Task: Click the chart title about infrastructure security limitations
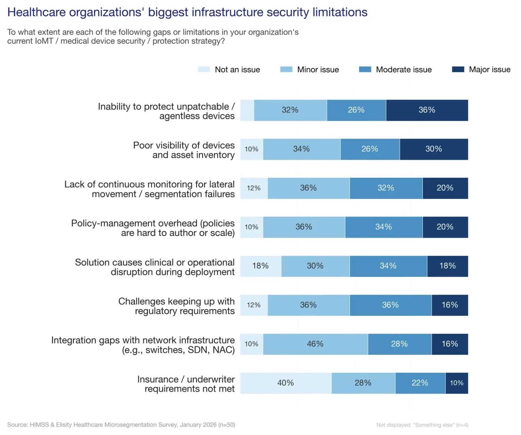coord(187,12)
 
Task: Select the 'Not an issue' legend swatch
coord(204,69)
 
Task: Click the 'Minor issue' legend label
coord(318,69)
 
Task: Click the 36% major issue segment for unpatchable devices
coord(427,110)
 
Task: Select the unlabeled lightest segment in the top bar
coord(247,110)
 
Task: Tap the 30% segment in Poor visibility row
coord(434,149)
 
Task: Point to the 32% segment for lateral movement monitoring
coord(386,188)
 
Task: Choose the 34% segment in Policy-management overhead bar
coord(383,227)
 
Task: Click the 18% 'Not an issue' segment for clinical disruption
coord(260,266)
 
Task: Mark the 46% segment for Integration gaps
coord(315,344)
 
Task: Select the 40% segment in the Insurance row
coord(286,383)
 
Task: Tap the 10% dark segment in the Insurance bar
coord(457,383)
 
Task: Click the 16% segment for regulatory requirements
coord(450,305)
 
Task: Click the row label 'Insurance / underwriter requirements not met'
coord(186,384)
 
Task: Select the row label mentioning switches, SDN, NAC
coord(143,345)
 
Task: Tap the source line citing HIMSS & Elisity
coord(121,425)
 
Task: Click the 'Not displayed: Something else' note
coord(422,425)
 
